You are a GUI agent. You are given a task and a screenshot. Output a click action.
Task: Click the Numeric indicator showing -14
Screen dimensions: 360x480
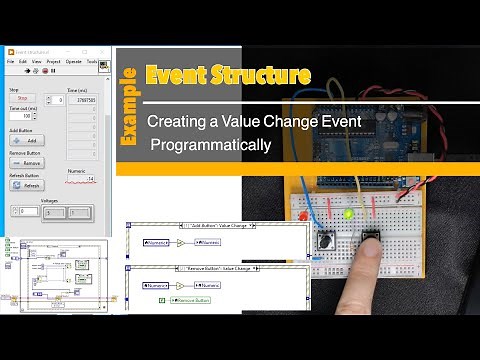pos(82,179)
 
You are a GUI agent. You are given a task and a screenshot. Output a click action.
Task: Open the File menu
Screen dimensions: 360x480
pos(10,61)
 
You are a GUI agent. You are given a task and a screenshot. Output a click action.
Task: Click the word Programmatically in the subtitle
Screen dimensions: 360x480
pos(210,145)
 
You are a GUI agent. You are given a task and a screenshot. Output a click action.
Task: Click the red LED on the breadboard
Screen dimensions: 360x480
pos(302,216)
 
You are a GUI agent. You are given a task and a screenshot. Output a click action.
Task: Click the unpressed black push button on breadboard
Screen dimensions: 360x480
pos(327,240)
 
